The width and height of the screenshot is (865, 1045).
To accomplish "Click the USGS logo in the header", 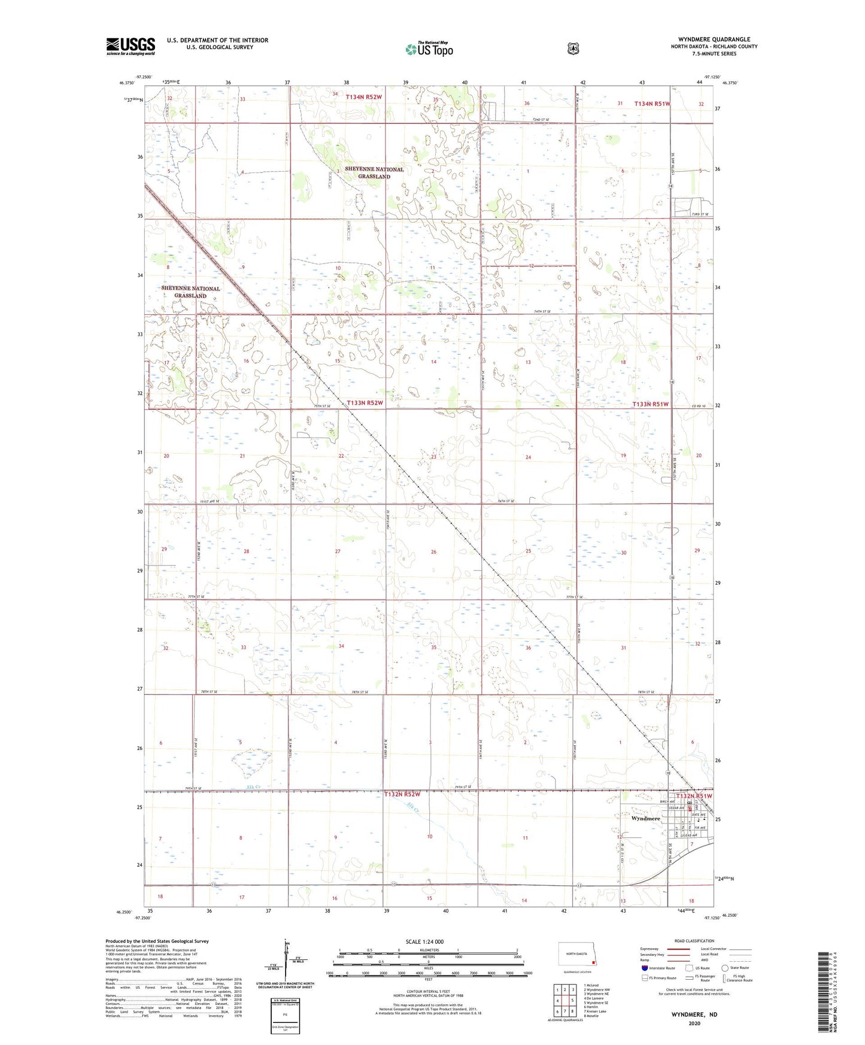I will point(130,46).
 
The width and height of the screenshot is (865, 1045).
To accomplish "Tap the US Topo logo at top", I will point(429,49).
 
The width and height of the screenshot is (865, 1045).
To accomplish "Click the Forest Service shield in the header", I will point(573,48).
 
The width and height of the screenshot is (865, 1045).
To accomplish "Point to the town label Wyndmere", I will point(645,818).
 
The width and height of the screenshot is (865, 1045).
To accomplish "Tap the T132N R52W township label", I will point(402,794).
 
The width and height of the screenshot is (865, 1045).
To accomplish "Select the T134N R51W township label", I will point(652,104).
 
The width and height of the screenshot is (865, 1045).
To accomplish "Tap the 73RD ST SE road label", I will point(700,214).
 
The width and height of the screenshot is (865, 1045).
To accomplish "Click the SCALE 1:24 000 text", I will point(424,941).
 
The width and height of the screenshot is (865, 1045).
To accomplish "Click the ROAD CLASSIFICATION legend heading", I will point(694,941).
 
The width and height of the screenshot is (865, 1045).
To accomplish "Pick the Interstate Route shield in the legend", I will point(644,967).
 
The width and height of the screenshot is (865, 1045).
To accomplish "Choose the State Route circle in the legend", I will point(725,967).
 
